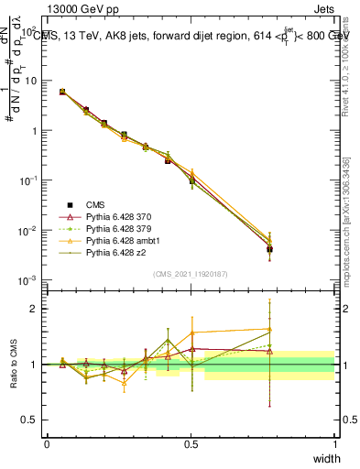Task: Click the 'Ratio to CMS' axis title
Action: [x=14, y=365]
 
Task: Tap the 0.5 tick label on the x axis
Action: [x=191, y=443]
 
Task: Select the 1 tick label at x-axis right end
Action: [x=334, y=443]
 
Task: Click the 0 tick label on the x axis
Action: [x=47, y=443]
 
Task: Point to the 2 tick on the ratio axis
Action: [x=32, y=309]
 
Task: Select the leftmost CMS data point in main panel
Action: [x=61, y=92]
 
